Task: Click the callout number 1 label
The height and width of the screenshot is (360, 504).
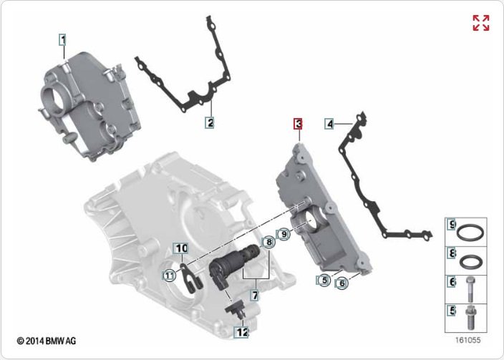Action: coord(63,40)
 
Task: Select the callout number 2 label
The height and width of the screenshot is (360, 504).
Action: coord(210,122)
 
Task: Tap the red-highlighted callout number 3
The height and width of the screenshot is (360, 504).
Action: coord(299,124)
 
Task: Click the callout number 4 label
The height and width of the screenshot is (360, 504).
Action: coord(330,124)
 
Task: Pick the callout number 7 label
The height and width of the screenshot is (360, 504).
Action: coord(255,296)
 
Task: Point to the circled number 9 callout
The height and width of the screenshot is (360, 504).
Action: coord(283,234)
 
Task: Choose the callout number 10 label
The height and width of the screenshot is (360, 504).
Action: coord(181,248)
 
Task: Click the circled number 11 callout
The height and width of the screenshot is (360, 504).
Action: coord(169,276)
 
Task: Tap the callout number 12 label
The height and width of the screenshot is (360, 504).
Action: coord(242,331)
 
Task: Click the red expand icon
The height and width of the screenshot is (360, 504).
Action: coord(481,23)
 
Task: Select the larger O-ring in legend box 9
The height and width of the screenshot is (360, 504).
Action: coord(470,233)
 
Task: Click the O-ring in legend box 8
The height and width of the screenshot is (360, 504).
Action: coord(470,262)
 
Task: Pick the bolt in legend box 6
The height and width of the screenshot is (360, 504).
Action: coord(470,290)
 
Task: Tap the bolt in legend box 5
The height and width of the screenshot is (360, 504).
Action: coord(470,318)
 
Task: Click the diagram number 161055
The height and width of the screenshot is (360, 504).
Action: coord(467,340)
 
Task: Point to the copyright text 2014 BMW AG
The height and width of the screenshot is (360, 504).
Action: coord(47,341)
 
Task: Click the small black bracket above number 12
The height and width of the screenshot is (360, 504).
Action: coord(237,310)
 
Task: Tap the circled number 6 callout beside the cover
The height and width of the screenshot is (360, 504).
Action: coord(341,283)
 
